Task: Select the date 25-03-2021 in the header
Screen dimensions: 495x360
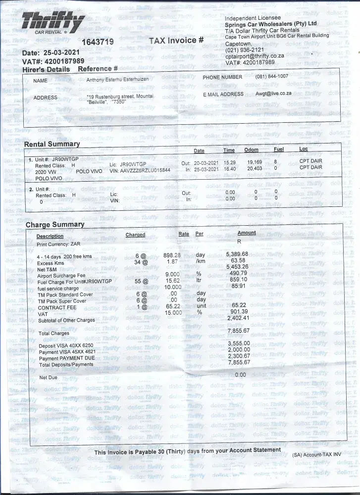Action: tap(62, 52)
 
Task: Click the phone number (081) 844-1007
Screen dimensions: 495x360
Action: tap(272, 76)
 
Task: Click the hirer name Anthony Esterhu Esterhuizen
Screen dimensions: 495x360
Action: tap(120, 79)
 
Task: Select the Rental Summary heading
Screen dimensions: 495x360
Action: tap(52, 144)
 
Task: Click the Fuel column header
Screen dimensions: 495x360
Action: tap(279, 149)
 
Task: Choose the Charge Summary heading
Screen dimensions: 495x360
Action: tap(55, 225)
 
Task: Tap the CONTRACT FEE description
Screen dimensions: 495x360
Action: tap(57, 308)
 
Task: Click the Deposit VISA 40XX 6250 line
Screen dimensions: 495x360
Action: tap(66, 345)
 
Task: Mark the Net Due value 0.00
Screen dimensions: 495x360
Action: tap(240, 375)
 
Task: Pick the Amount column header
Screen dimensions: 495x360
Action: tap(247, 233)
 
